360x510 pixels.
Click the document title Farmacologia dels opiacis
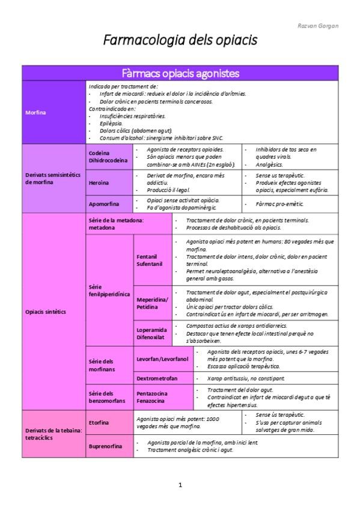click(180, 40)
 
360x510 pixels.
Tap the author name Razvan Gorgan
click(318, 26)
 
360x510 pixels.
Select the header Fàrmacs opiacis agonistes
click(180, 73)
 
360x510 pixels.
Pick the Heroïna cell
click(99, 182)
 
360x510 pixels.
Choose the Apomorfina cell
click(105, 204)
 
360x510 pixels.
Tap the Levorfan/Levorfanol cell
click(162, 359)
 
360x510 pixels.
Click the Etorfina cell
click(99, 422)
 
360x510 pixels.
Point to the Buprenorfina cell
click(105, 447)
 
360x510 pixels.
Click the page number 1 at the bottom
click(180, 484)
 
